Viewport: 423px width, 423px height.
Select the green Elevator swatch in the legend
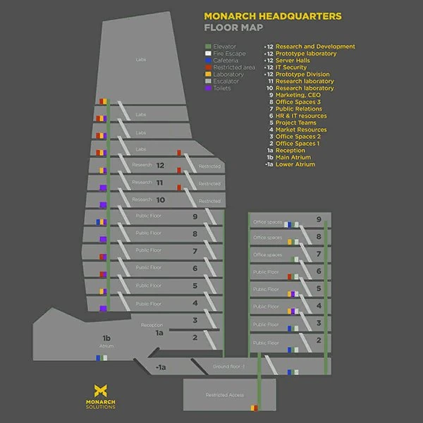[200, 47]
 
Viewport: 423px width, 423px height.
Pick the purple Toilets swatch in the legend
[200, 89]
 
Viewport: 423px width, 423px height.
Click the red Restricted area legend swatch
[200, 68]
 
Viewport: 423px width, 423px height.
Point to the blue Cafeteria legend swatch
[200, 61]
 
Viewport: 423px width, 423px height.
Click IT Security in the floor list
[291, 68]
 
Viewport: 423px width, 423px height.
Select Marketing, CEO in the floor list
[300, 95]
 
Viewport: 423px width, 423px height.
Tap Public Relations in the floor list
[299, 109]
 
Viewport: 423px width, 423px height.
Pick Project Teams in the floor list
[296, 123]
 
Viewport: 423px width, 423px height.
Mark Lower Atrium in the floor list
[295, 164]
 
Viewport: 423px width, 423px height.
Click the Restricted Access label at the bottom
[224, 395]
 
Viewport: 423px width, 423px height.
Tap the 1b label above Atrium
[106, 338]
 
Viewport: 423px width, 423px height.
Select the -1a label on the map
[160, 367]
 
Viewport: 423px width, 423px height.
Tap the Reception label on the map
[152, 325]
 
